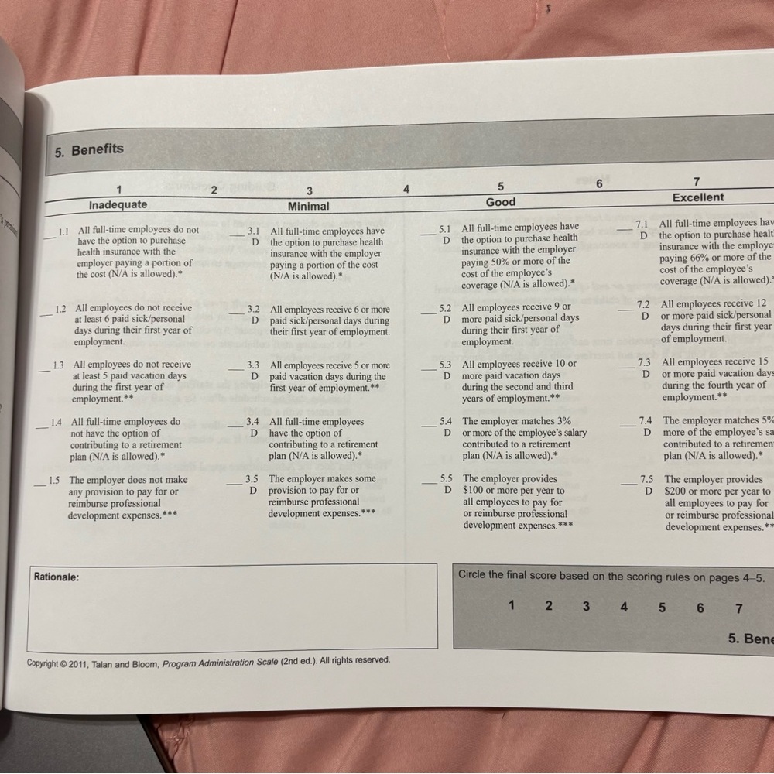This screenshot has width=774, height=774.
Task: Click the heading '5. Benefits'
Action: click(89, 149)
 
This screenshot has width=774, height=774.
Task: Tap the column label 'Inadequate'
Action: click(118, 205)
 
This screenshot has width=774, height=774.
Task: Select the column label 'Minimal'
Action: click(308, 207)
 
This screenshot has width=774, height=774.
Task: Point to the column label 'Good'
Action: click(501, 202)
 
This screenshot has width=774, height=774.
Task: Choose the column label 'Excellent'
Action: click(698, 197)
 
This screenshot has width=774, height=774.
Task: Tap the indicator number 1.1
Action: click(64, 230)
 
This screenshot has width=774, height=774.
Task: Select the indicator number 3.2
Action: click(253, 309)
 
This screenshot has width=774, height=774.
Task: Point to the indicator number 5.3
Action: click(446, 364)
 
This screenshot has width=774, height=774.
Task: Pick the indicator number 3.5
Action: click(252, 479)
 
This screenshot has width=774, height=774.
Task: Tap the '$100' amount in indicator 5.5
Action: click(474, 491)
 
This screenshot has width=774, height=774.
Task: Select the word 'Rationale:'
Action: click(57, 577)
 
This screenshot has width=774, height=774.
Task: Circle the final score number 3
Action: click(586, 606)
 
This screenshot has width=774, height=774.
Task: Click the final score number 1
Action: click(512, 605)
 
